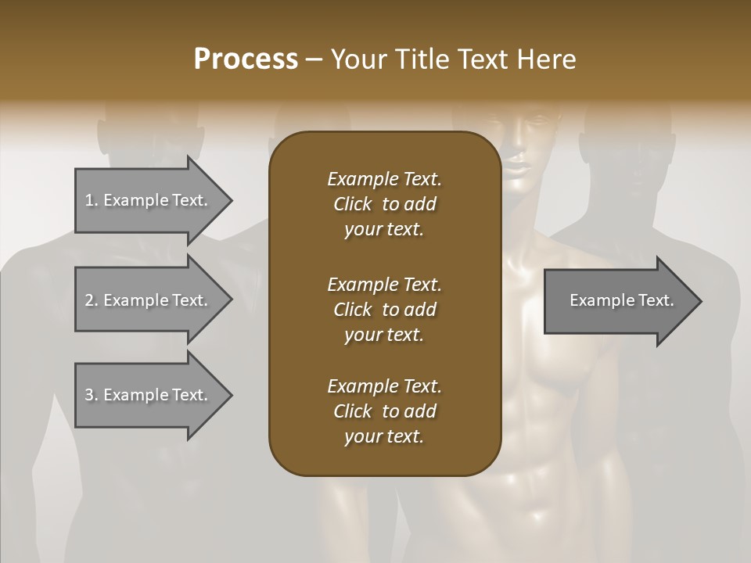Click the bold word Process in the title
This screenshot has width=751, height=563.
pyautogui.click(x=246, y=59)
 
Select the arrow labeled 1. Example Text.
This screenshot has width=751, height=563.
pyautogui.click(x=149, y=200)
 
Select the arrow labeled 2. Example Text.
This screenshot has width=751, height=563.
pyautogui.click(x=149, y=300)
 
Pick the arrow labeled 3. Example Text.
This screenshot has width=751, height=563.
pyautogui.click(x=149, y=395)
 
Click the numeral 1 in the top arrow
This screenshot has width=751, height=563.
pyautogui.click(x=89, y=200)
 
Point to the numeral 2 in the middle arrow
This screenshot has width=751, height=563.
pyautogui.click(x=89, y=300)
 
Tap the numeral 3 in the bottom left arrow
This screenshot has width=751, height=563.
pyautogui.click(x=89, y=395)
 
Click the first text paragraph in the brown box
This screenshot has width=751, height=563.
pyautogui.click(x=384, y=204)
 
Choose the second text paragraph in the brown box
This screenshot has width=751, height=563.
pyautogui.click(x=384, y=310)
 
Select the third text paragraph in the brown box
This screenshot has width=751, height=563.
pyautogui.click(x=384, y=411)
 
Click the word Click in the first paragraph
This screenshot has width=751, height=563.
pyautogui.click(x=352, y=204)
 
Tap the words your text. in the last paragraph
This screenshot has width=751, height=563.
pyautogui.click(x=384, y=436)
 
